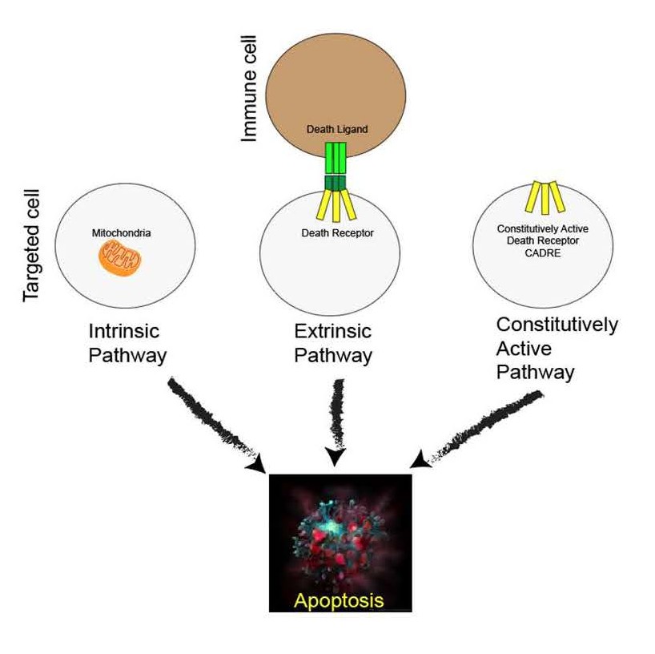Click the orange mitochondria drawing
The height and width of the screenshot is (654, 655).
tap(120, 260)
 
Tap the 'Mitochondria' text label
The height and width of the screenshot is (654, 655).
tap(121, 233)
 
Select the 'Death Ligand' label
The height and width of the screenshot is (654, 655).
tap(337, 129)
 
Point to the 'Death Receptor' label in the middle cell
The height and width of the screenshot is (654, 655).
tap(338, 233)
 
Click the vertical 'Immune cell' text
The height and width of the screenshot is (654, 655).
tap(248, 88)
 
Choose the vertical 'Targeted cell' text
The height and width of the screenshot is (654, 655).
tap(31, 245)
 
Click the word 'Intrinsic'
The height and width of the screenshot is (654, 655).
tap(124, 331)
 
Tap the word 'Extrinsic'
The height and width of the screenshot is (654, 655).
tap(333, 331)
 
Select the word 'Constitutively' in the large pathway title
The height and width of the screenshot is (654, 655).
tap(557, 325)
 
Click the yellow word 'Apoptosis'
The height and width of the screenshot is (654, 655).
tap(339, 600)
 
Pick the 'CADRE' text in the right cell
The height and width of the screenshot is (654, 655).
tap(543, 253)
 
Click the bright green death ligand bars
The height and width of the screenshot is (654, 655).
tap(336, 158)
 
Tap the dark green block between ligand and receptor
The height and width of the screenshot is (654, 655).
tap(336, 183)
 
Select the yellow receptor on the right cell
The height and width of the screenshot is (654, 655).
tap(545, 197)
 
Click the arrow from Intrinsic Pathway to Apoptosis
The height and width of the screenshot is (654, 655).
tap(215, 426)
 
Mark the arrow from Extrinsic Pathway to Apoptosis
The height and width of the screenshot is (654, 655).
tap(336, 422)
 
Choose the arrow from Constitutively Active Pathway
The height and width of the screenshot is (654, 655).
tap(476, 430)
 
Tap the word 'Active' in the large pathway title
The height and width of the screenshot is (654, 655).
tap(524, 349)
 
